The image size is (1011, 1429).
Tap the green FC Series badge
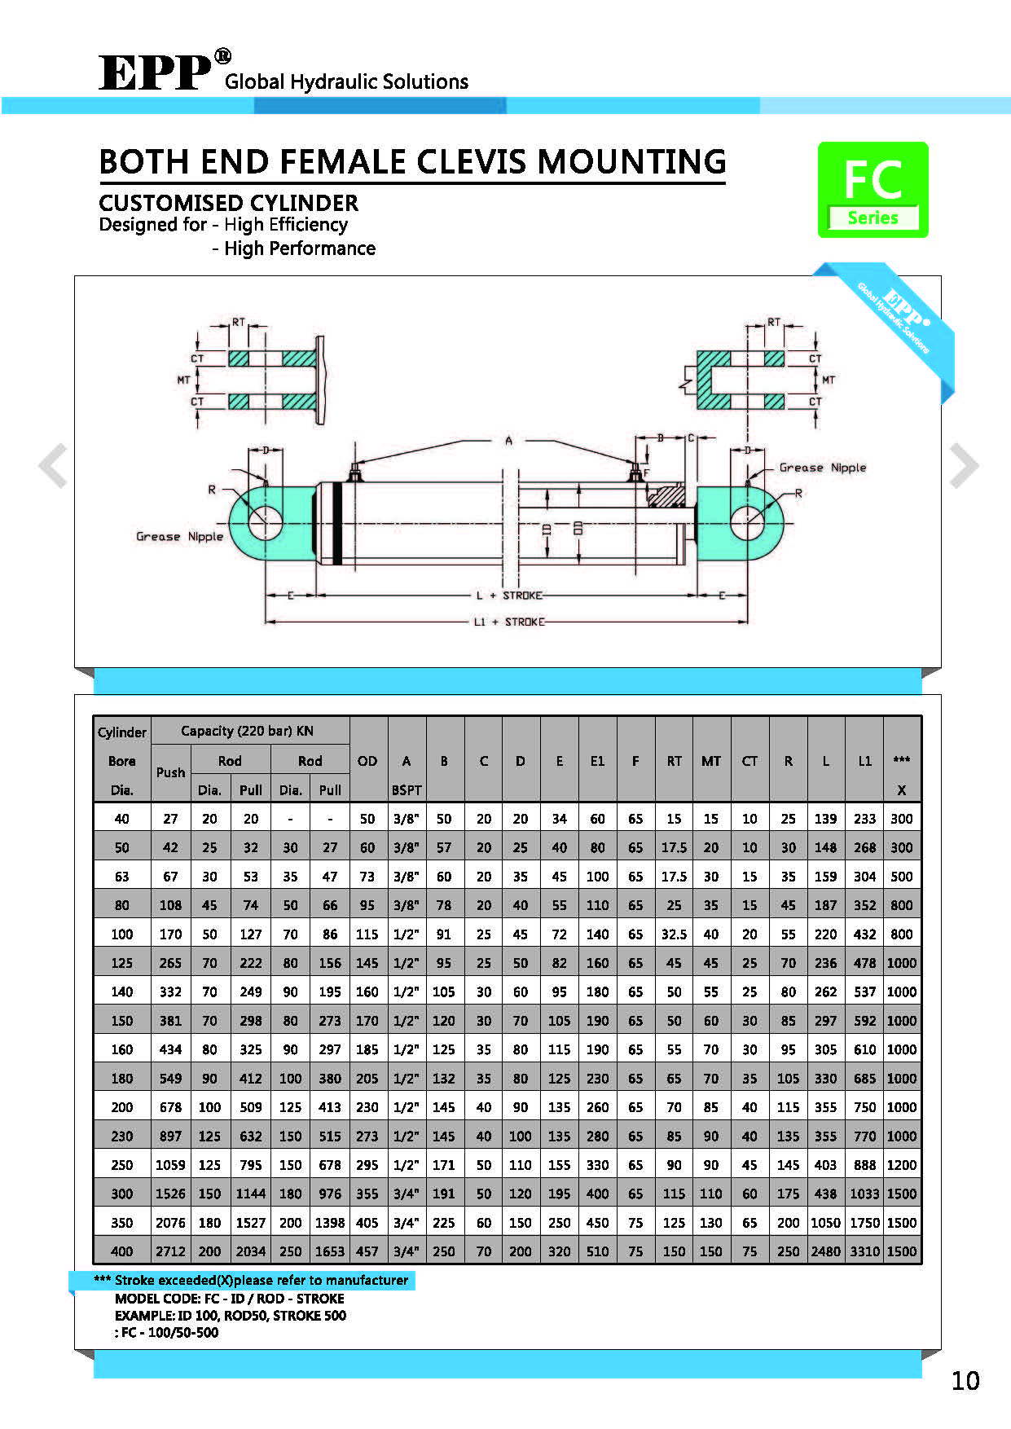(873, 190)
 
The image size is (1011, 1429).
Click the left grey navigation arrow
(53, 465)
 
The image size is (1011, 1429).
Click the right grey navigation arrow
(964, 465)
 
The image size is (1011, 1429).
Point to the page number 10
(965, 1381)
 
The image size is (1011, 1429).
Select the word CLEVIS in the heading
(466, 162)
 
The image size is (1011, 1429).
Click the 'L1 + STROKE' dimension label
(509, 622)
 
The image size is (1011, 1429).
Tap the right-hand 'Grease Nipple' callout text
(822, 468)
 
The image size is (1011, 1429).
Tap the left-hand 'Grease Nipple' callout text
(179, 536)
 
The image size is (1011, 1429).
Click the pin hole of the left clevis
(265, 521)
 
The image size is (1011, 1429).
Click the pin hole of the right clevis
(747, 521)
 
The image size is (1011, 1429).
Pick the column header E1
(597, 761)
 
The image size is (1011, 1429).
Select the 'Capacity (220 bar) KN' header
(247, 731)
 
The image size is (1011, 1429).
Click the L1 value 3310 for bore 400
(864, 1251)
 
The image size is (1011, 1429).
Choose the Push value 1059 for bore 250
(170, 1165)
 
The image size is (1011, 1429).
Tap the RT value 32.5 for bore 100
(674, 934)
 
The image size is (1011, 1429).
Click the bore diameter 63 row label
(121, 877)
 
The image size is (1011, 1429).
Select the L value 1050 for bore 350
(825, 1223)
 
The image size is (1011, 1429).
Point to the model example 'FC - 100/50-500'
(169, 1333)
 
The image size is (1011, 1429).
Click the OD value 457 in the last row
(367, 1251)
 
